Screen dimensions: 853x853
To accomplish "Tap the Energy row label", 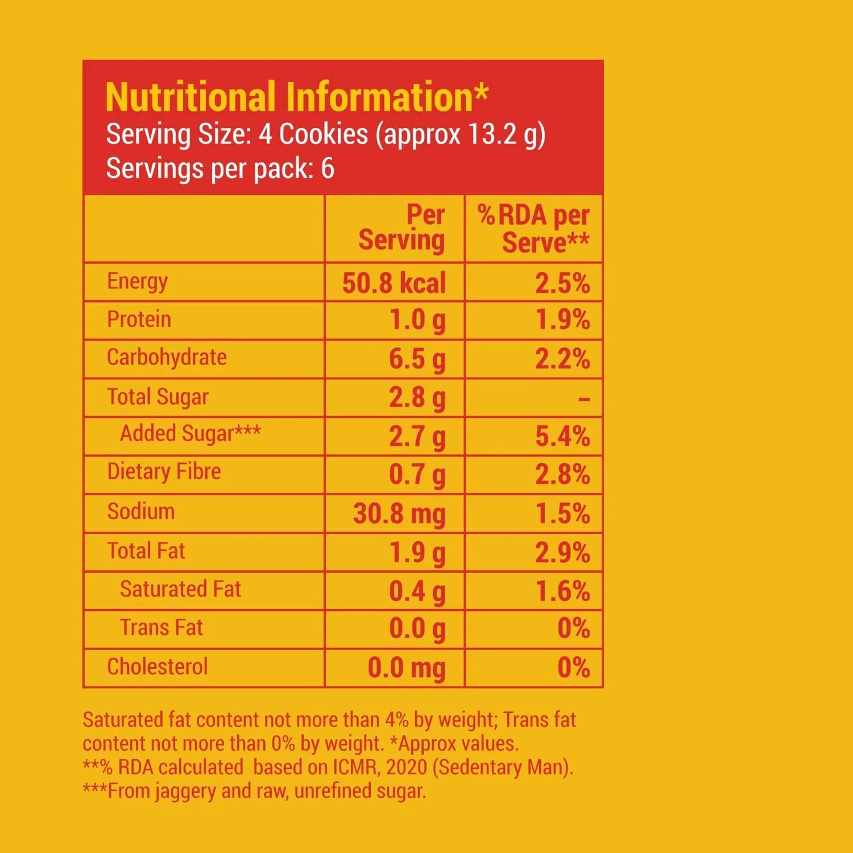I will click(137, 281).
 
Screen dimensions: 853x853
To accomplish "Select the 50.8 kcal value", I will click(394, 283).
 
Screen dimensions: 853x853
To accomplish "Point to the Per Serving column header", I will click(401, 227).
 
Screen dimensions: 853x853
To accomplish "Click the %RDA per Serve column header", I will click(533, 229).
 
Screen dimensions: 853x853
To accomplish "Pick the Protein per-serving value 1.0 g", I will click(417, 320).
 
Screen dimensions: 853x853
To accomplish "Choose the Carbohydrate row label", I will click(167, 358).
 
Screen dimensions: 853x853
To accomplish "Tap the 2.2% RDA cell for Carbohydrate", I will click(562, 359).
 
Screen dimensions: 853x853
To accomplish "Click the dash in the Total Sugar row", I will click(583, 399).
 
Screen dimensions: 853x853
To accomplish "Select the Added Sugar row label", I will click(190, 434).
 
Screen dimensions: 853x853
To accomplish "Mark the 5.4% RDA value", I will click(562, 436).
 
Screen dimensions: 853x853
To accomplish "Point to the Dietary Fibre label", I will click(164, 472).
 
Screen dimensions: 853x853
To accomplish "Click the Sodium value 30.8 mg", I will click(399, 514).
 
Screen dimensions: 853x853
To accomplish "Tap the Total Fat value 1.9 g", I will click(417, 553).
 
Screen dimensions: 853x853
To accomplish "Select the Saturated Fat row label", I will click(180, 589).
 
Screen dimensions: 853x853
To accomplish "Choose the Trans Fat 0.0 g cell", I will click(417, 629).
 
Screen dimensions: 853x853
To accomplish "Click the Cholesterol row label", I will click(158, 666).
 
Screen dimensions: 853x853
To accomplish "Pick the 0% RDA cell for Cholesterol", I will click(573, 668).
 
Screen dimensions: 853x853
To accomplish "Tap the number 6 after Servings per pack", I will click(328, 169).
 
